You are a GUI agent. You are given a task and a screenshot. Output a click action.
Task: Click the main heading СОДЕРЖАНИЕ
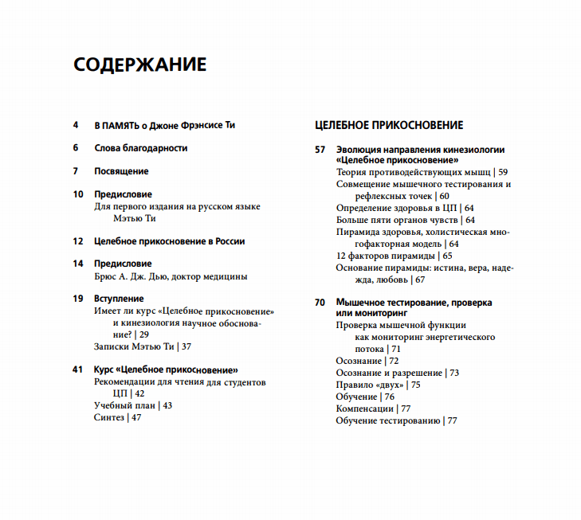click(139, 65)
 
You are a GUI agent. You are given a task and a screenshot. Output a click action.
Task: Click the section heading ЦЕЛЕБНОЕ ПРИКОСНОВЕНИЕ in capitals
click(389, 125)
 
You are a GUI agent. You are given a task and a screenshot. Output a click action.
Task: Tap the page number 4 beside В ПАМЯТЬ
click(77, 125)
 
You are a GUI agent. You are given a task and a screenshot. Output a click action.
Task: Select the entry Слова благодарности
click(140, 148)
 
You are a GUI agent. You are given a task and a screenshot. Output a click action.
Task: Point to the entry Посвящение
click(121, 171)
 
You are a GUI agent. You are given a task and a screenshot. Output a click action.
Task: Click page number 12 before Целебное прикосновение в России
click(78, 240)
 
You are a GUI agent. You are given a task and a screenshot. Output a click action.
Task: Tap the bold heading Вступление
click(119, 299)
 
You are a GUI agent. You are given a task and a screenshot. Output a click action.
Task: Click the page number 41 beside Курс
click(78, 369)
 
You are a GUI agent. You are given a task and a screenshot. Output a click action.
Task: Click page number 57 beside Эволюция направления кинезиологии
click(320, 149)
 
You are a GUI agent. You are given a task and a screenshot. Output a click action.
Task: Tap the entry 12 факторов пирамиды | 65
click(394, 256)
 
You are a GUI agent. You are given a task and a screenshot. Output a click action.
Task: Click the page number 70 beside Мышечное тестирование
click(320, 303)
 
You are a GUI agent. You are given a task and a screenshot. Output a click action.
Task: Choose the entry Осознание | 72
click(367, 361)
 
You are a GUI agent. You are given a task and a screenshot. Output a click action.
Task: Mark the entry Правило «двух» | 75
click(378, 385)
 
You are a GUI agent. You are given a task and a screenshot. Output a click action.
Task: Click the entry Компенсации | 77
click(373, 409)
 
